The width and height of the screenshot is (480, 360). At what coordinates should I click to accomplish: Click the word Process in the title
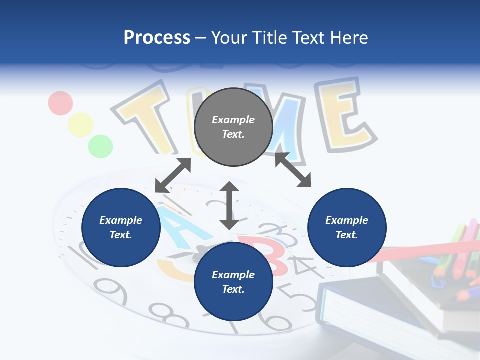(157, 38)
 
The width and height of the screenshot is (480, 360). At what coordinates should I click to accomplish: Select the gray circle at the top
(233, 127)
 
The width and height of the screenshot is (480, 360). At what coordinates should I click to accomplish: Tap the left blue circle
(121, 227)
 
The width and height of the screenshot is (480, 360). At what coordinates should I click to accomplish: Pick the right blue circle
(347, 227)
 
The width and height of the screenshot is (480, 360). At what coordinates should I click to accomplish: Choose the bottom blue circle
(233, 282)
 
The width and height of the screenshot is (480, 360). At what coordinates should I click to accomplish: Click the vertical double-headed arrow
(229, 205)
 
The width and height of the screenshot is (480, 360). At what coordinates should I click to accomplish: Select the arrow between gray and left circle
(173, 175)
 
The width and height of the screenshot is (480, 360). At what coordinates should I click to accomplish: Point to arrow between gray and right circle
(293, 170)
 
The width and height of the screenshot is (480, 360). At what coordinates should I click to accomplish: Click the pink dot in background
(61, 103)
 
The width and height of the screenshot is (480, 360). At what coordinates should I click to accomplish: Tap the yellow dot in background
(80, 125)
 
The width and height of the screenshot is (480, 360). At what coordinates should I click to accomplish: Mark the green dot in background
(100, 146)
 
